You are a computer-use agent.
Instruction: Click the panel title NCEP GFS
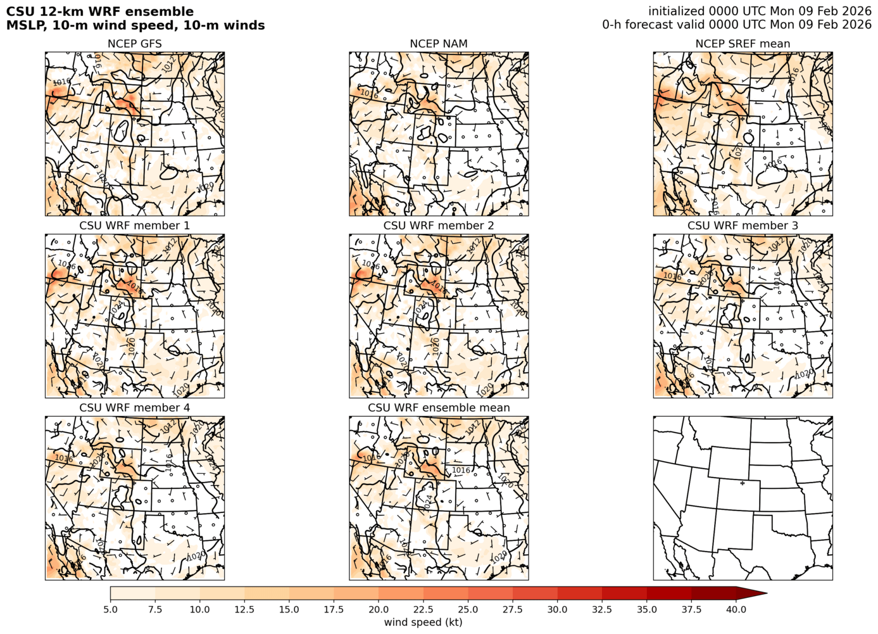134,44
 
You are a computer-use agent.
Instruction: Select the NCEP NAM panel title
439,44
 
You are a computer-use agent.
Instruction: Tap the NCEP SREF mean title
743,44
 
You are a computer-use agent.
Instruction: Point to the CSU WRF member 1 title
134,225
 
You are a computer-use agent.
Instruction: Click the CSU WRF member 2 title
439,225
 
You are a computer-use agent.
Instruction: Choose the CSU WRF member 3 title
743,225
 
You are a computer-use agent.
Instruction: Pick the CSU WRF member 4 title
134,407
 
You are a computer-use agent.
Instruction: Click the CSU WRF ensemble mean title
439,407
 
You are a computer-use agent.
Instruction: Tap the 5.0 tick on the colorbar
110,609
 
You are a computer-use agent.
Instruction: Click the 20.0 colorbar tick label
379,609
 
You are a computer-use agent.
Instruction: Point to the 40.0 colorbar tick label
736,609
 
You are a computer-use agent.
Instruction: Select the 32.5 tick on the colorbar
602,609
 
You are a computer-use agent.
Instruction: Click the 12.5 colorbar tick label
244,609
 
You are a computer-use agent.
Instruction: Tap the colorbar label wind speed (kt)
423,622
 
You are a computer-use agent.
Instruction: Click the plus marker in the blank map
743,483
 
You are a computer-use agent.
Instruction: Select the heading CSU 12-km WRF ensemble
100,11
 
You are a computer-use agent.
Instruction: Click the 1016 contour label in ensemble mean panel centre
461,470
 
